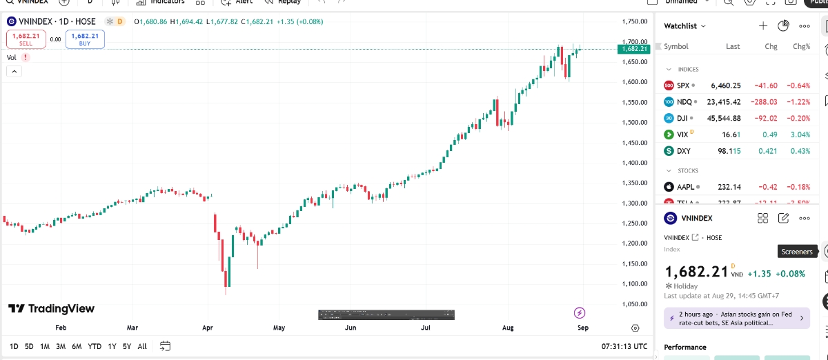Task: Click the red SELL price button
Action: click(x=26, y=39)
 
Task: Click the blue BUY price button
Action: click(x=85, y=39)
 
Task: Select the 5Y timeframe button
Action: click(x=127, y=346)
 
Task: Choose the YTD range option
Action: click(x=95, y=346)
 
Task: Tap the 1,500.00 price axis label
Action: click(x=634, y=123)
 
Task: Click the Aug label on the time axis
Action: click(x=509, y=328)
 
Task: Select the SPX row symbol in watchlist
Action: click(x=683, y=86)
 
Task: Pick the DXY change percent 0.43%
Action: click(x=801, y=151)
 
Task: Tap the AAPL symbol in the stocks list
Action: click(x=686, y=187)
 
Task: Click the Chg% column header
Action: click(x=801, y=46)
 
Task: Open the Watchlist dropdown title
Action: click(x=684, y=26)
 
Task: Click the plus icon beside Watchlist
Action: click(x=763, y=26)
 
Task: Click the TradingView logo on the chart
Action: click(x=52, y=309)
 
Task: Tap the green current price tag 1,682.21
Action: click(x=634, y=49)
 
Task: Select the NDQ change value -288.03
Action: click(x=764, y=101)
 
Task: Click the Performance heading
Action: click(x=685, y=347)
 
